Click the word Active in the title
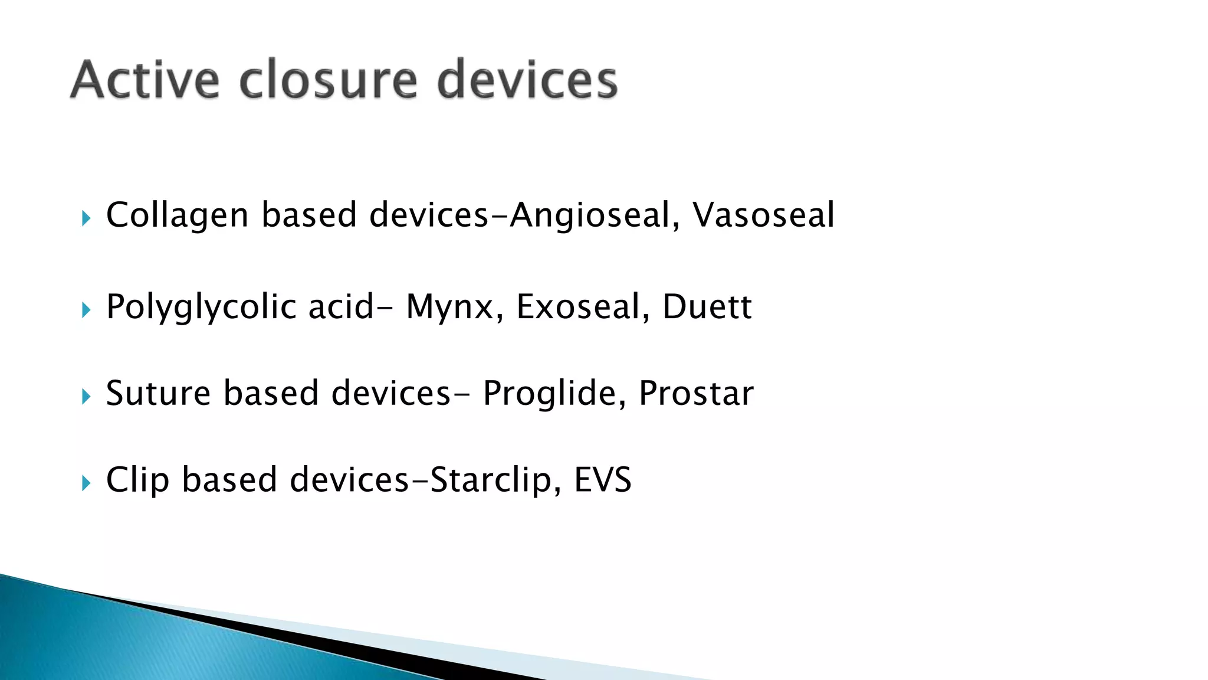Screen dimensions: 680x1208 145,80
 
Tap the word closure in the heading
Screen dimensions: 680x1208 329,80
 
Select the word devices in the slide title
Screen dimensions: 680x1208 527,80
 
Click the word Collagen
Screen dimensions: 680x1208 177,215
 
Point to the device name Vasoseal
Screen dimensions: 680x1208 763,215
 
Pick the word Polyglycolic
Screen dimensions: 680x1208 201,307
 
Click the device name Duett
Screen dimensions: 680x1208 707,307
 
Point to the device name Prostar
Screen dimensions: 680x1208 696,393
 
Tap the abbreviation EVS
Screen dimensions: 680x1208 602,479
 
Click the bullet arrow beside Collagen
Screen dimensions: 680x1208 86,219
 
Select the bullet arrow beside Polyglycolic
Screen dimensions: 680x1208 86,310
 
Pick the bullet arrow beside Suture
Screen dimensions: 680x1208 86,397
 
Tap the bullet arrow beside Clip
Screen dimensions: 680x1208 86,483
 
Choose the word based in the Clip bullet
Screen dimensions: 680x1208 229,479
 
